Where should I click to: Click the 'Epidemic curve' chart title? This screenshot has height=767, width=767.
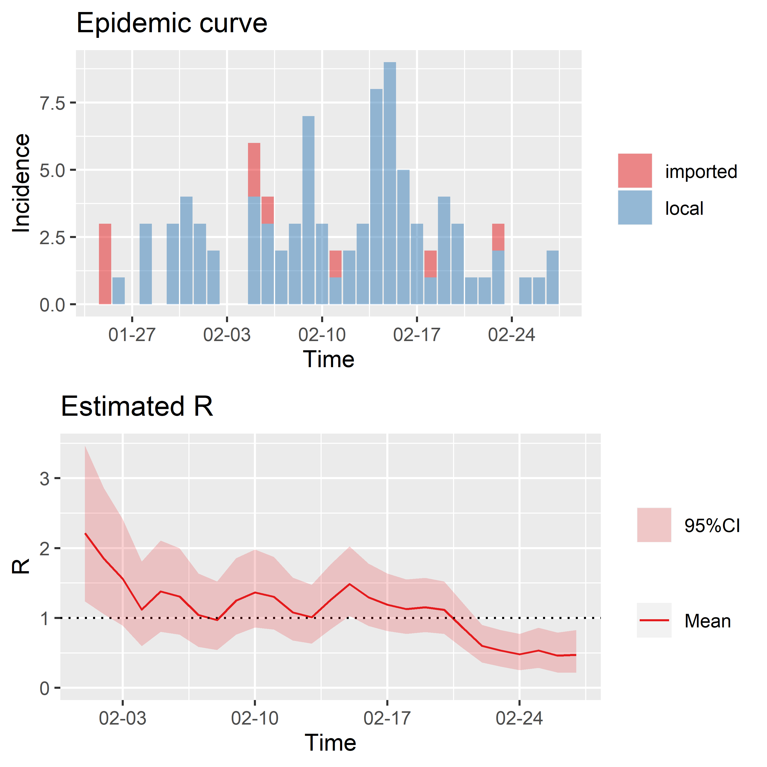pyautogui.click(x=172, y=23)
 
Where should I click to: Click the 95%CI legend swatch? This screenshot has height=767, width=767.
pyautogui.click(x=654, y=525)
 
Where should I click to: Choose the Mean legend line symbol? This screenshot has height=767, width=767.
pyautogui.click(x=654, y=620)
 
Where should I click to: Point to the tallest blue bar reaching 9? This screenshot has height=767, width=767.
pyautogui.click(x=389, y=183)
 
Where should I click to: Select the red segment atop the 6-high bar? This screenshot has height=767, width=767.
pyautogui.click(x=254, y=170)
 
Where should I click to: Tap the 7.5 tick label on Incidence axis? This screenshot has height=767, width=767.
pyautogui.click(x=52, y=103)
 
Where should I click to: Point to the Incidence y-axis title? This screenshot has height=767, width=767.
pyautogui.click(x=21, y=183)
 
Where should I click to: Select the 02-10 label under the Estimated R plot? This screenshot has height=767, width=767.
pyautogui.click(x=255, y=719)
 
